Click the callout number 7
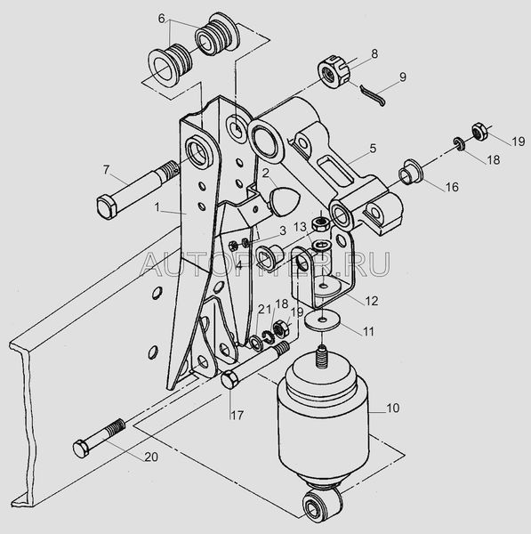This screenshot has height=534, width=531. tap(107, 170)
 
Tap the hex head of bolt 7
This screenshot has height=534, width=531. tap(108, 206)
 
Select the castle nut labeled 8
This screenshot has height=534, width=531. tap(334, 73)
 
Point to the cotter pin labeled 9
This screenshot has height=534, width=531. tap(373, 95)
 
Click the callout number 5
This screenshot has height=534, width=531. tap(373, 149)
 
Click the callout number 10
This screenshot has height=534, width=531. tap(392, 408)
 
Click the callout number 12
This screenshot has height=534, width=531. tap(371, 301)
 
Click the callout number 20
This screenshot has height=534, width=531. tap(151, 457)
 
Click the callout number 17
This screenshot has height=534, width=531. tap(237, 415)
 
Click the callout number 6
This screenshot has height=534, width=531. tap(162, 19)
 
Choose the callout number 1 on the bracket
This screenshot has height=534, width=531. tap(157, 207)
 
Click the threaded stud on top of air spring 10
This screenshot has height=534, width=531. tap(320, 356)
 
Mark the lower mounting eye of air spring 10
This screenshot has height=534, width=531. tap(320, 505)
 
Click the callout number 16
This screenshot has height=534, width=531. tap(452, 187)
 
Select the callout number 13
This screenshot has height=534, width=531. tap(301, 226)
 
